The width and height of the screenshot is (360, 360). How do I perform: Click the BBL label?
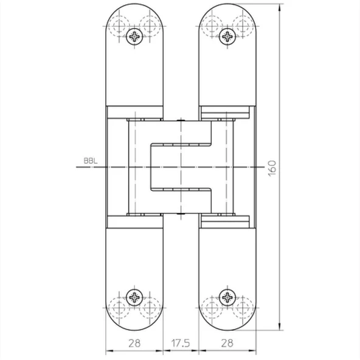point(91,161)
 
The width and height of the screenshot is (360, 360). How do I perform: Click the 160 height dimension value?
point(272,168)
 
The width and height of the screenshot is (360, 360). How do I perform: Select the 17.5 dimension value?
point(181,343)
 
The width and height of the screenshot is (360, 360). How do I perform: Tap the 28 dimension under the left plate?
point(134,343)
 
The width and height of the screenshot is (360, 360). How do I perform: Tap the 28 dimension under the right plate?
point(227,343)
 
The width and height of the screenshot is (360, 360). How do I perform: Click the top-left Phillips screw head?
point(134,36)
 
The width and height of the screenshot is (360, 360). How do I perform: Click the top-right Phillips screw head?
point(227,36)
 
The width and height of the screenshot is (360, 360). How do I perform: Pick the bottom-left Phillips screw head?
point(134,297)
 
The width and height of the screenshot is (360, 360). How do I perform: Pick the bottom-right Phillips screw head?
point(227,297)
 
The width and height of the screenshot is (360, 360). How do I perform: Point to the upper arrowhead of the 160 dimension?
point(279,8)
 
